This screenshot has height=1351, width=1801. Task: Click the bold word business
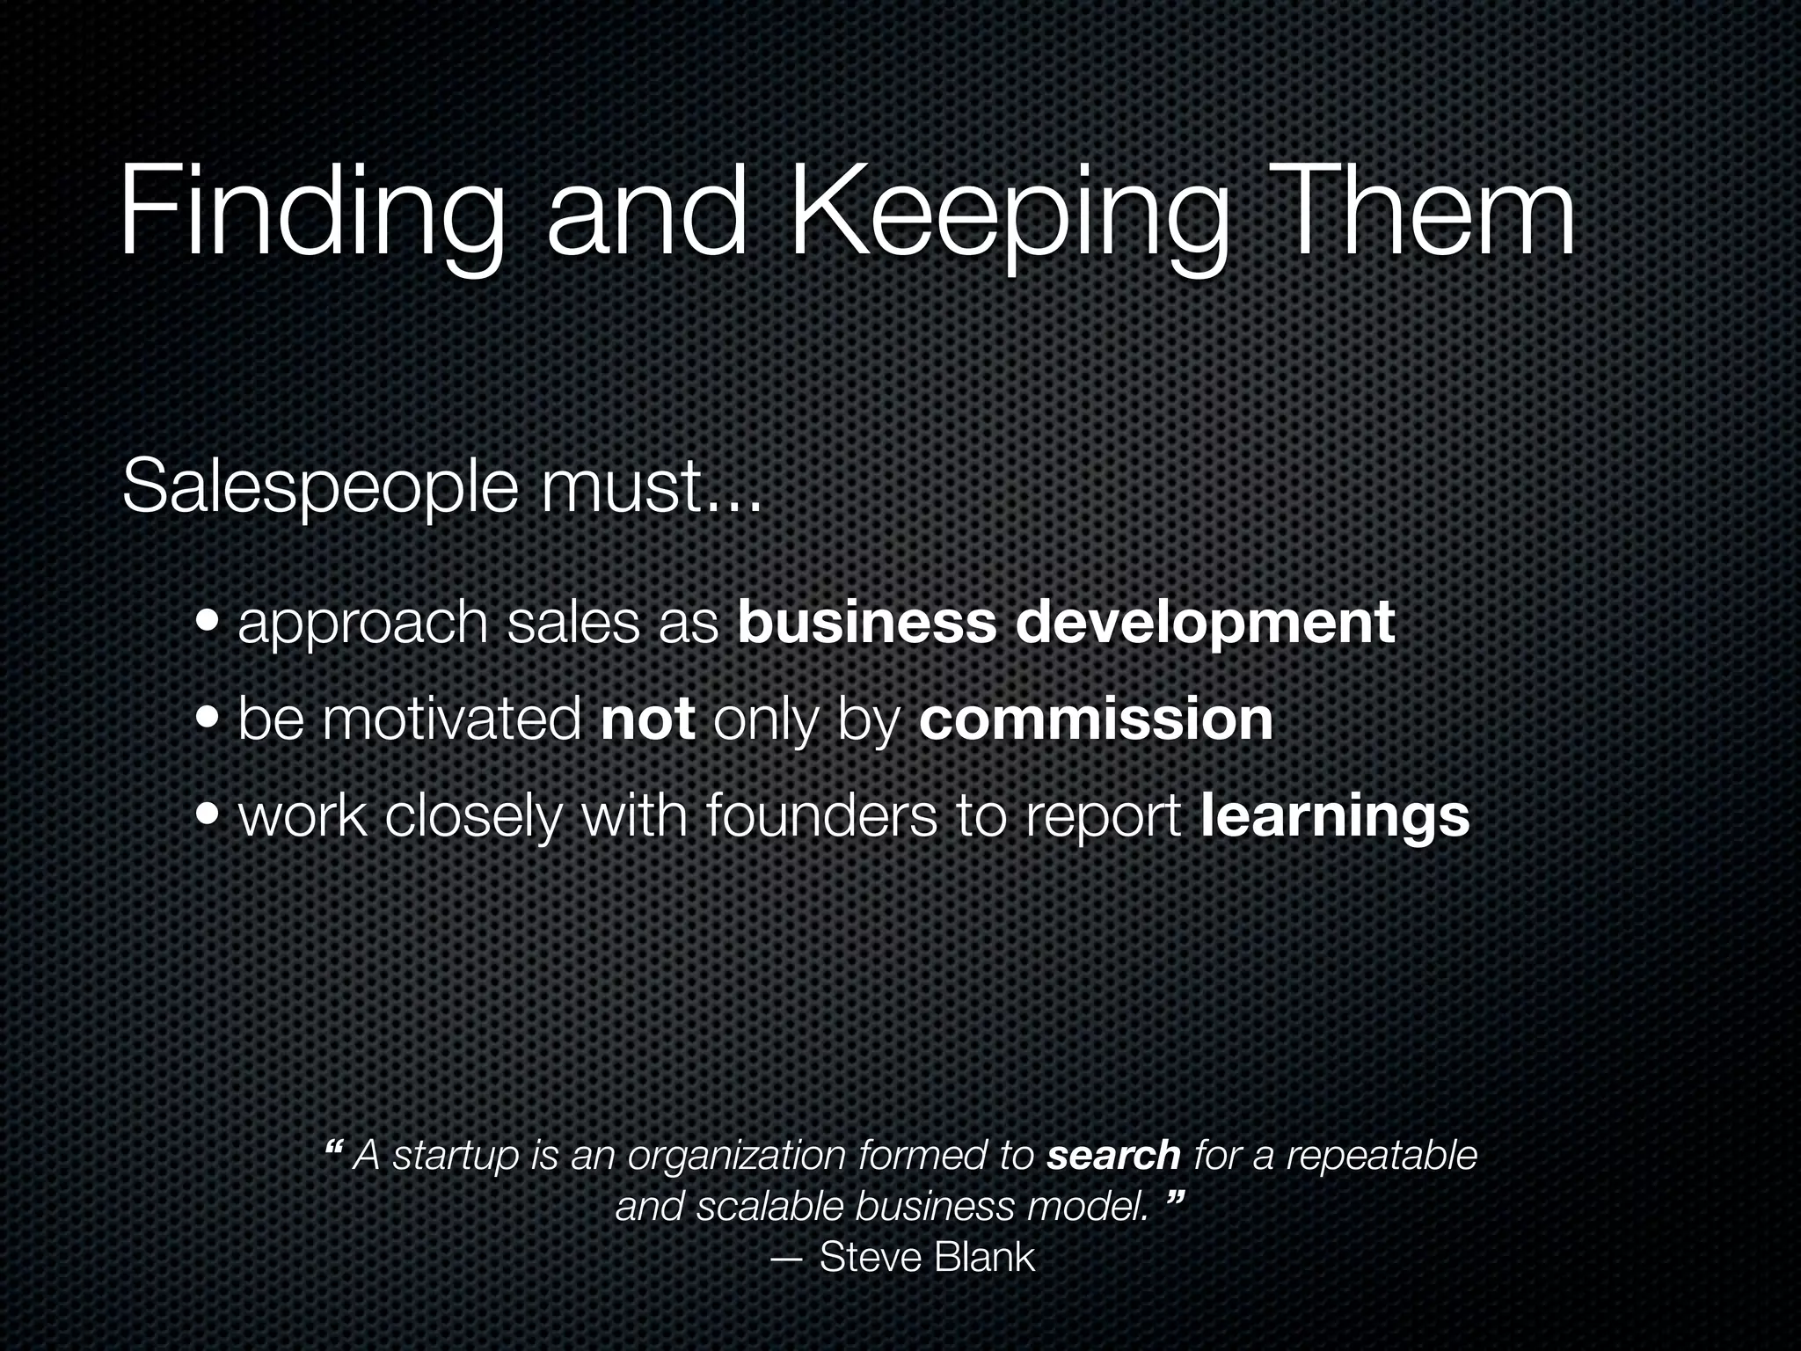click(x=867, y=622)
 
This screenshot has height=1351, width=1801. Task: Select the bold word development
click(x=1206, y=624)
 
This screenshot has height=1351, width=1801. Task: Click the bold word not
click(x=649, y=719)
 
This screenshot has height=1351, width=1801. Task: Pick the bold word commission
click(x=1096, y=719)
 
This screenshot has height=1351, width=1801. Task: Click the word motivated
click(x=452, y=719)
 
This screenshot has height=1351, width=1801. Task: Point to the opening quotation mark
click(x=333, y=1148)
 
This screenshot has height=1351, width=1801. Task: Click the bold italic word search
click(x=1113, y=1156)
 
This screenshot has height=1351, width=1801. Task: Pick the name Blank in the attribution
click(x=984, y=1258)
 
